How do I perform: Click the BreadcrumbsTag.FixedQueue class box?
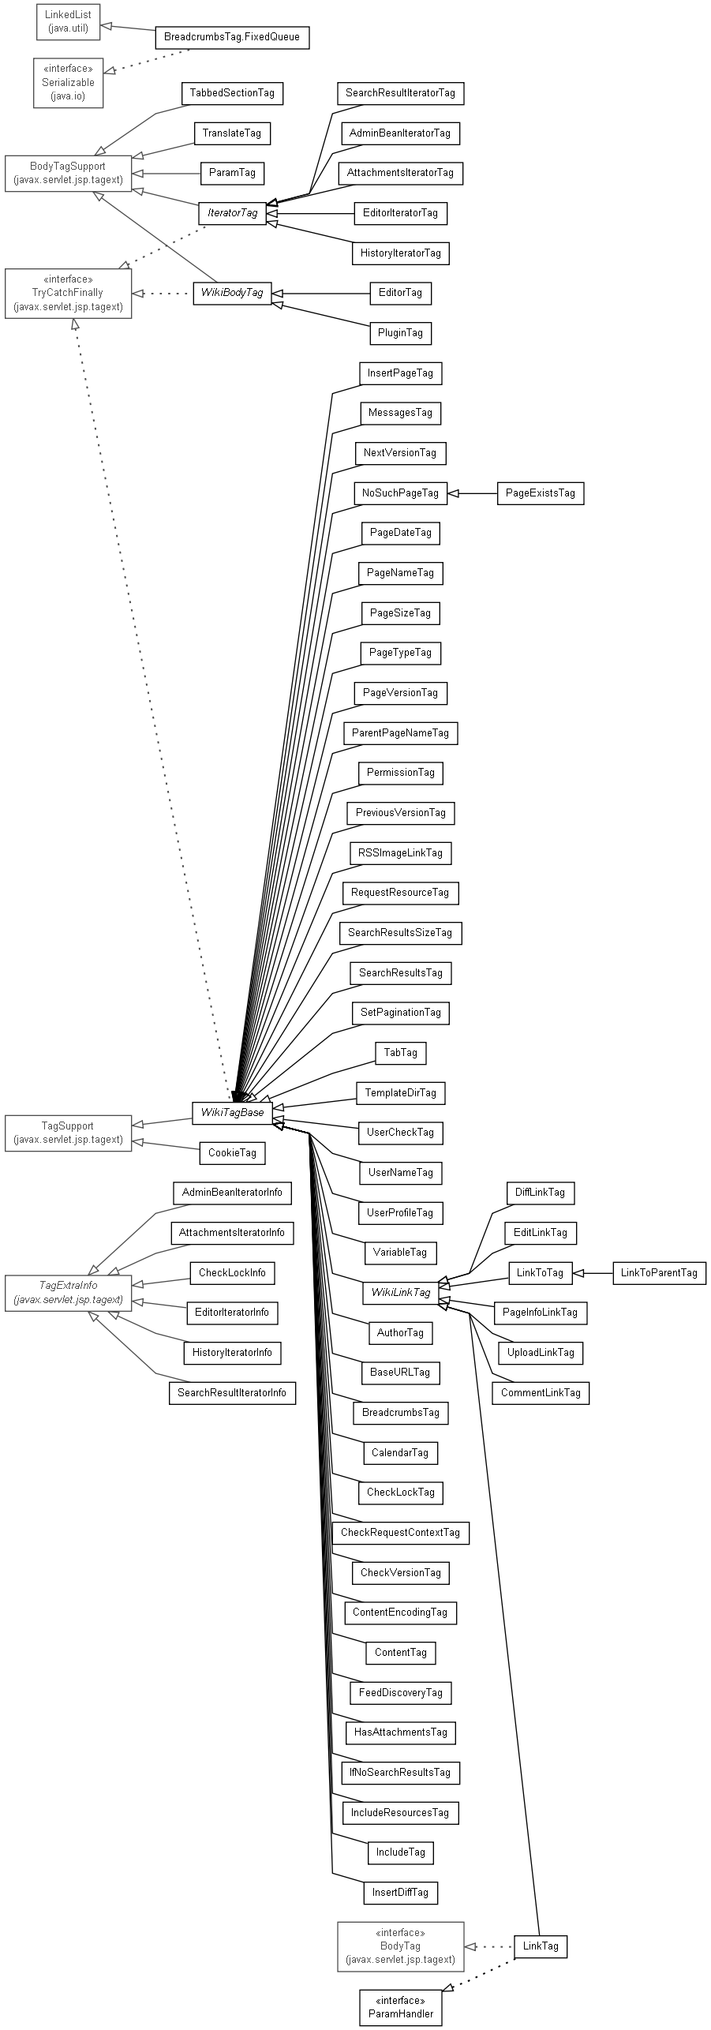tap(232, 37)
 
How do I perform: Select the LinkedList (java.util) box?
tap(68, 21)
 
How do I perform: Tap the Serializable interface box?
tap(68, 82)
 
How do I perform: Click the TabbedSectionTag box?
tap(232, 93)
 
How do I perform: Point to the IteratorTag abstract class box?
tap(232, 213)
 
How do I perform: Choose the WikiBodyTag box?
tap(232, 293)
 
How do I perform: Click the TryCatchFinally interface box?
tap(68, 293)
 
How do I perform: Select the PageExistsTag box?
tap(540, 493)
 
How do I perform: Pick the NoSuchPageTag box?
tap(400, 493)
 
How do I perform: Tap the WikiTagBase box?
tap(232, 1112)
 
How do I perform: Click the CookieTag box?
tap(232, 1153)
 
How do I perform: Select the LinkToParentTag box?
tap(659, 1272)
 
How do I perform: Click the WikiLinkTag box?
tap(400, 1293)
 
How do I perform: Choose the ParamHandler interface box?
tap(400, 2007)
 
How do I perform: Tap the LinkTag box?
tap(540, 1946)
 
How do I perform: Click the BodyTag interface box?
tap(400, 1946)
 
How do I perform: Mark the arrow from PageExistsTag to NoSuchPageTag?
tap(472, 493)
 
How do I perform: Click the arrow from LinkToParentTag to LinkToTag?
tap(592, 1272)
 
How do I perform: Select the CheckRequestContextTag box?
tap(400, 1533)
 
